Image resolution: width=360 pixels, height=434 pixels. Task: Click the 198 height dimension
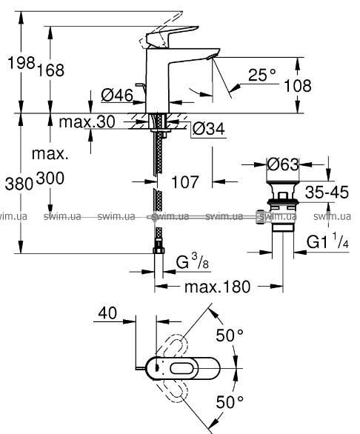click(21, 63)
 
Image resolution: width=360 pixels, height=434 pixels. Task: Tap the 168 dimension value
click(50, 70)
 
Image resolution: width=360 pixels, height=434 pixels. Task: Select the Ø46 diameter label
click(117, 96)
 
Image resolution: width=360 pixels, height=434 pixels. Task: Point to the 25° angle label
click(262, 75)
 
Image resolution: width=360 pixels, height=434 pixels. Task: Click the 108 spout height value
click(298, 86)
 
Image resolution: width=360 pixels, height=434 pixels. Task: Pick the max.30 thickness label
click(87, 121)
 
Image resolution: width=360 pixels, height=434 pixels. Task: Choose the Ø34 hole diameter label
click(209, 129)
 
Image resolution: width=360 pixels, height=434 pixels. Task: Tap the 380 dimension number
click(19, 184)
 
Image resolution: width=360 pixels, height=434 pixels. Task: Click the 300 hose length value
click(50, 178)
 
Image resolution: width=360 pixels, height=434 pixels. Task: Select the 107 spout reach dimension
click(185, 182)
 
